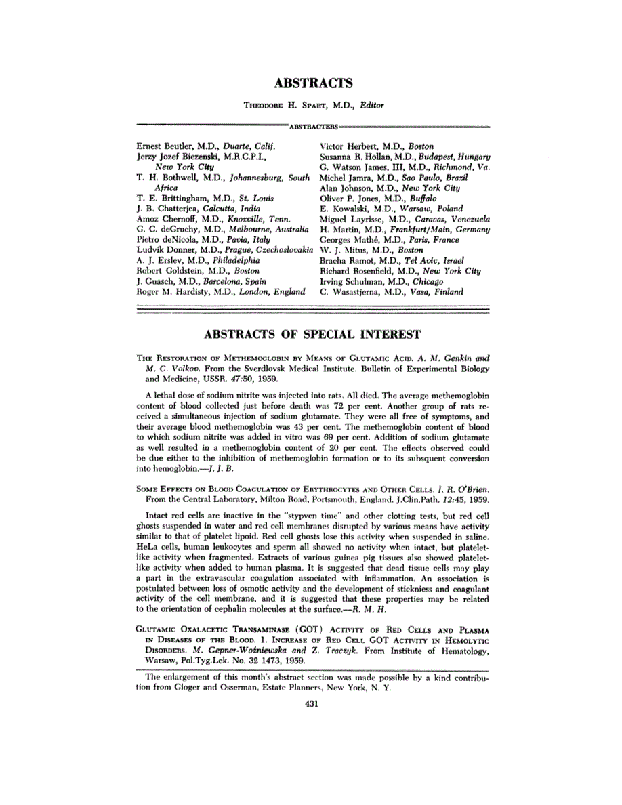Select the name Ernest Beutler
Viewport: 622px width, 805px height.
[163, 146]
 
